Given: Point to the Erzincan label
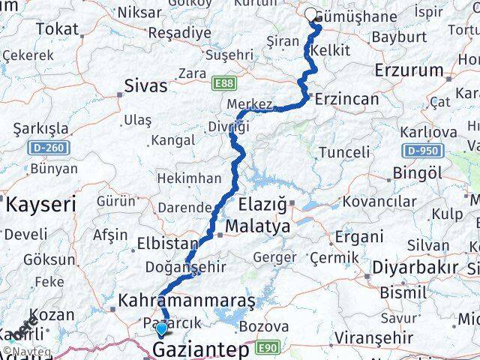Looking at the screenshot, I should pos(346,99).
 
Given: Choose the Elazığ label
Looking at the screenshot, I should pos(262,204).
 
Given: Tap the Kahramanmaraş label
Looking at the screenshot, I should pos(186,301).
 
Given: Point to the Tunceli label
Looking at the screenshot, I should pos(344,151).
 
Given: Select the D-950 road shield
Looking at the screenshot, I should pos(420,151).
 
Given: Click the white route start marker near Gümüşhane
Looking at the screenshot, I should pos(312,13).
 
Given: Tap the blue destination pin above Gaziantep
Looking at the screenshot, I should pos(161,328).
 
